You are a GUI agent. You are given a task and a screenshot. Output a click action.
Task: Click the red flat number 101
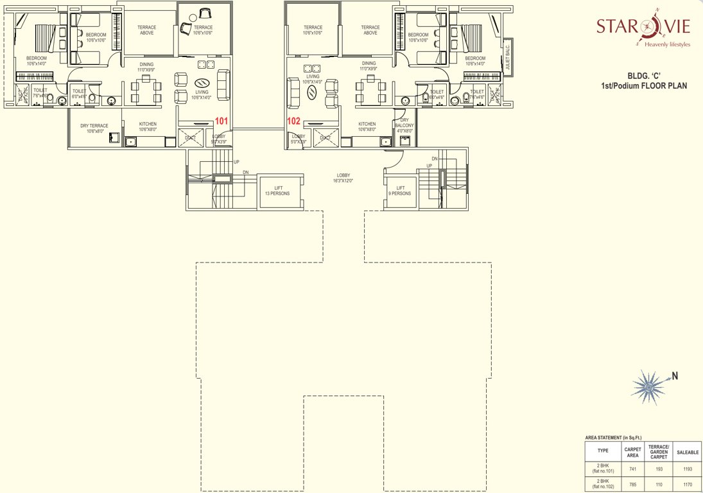(x=221, y=120)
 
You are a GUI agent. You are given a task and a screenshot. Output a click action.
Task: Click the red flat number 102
(x=293, y=120)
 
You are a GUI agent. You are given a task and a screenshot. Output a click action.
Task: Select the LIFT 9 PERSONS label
(x=400, y=190)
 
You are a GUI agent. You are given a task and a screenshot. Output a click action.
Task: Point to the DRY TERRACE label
(x=94, y=128)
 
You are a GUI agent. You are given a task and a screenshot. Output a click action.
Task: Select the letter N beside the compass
(x=675, y=376)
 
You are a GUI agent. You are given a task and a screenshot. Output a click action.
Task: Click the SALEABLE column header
(x=687, y=452)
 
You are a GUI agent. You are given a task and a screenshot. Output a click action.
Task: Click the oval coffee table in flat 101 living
(x=202, y=83)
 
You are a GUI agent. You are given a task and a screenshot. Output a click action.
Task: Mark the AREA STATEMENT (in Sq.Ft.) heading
(x=614, y=437)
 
